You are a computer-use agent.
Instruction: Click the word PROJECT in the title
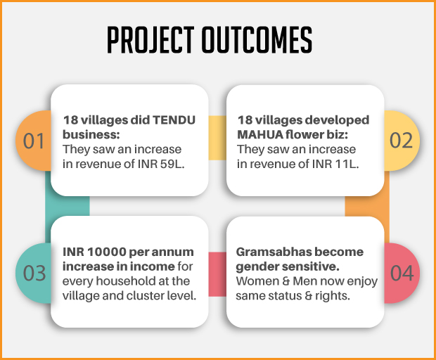tap(150, 40)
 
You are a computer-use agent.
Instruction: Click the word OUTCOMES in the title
tap(257, 40)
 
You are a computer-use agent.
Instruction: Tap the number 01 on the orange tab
tap(34, 141)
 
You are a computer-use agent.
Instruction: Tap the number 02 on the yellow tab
tap(401, 141)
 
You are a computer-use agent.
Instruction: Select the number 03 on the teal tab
tap(34, 273)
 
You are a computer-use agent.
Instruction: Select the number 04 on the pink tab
tap(402, 273)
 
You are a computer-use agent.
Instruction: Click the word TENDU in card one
tap(174, 120)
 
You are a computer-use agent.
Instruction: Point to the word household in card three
tap(126, 281)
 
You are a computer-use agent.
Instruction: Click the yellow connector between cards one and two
tap(217, 138)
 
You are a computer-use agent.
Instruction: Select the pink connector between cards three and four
tap(217, 274)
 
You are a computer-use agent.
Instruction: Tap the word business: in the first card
tap(91, 135)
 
